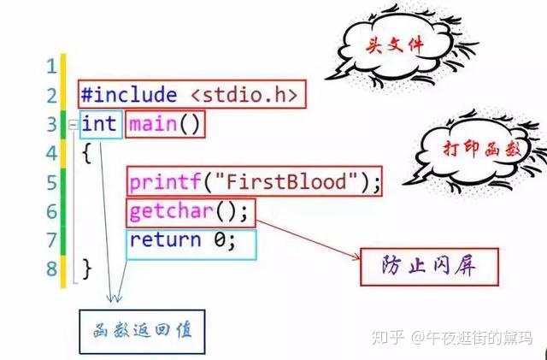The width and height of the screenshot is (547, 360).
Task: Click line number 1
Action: [50, 66]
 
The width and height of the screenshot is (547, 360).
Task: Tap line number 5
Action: [50, 182]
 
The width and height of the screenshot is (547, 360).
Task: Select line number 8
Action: [50, 269]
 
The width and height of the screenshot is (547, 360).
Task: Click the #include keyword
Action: [128, 95]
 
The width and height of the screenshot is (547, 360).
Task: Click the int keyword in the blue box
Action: [99, 124]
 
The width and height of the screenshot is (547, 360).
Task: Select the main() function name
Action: [165, 124]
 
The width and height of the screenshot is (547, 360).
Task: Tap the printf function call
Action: [160, 182]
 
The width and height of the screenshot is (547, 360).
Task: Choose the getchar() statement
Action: [190, 211]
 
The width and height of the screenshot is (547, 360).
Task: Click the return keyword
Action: [166, 240]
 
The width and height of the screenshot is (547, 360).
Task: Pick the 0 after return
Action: [221, 240]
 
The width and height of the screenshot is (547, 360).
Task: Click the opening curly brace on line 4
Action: [85, 153]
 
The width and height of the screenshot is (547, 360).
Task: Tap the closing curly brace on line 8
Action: [85, 269]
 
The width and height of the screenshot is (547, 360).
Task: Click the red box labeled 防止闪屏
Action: [427, 265]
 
